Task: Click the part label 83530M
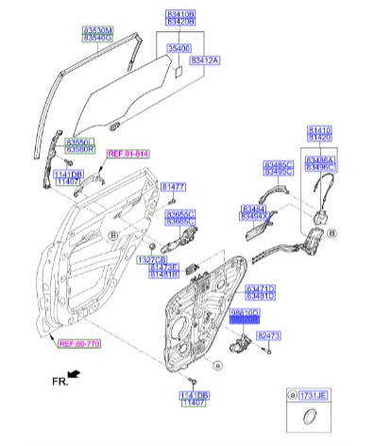(94, 31)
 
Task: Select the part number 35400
(179, 45)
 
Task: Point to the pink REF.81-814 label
(128, 154)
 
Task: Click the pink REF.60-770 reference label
(79, 343)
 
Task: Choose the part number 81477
(173, 187)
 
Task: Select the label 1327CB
(151, 258)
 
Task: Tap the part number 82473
(270, 335)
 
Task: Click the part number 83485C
(279, 163)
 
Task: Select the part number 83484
(253, 208)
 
